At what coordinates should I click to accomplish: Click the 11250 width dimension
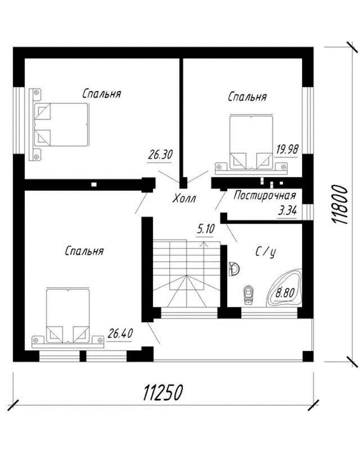pyautogui.click(x=163, y=392)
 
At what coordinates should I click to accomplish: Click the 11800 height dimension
pyautogui.click(x=340, y=205)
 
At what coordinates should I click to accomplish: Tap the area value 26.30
pyautogui.click(x=160, y=155)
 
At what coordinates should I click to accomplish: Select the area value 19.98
pyautogui.click(x=288, y=149)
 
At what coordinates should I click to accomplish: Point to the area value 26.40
pyautogui.click(x=120, y=333)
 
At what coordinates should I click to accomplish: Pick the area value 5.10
pyautogui.click(x=206, y=229)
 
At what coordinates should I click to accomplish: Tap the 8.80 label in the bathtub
pyautogui.click(x=285, y=293)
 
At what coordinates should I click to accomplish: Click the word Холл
pyautogui.click(x=184, y=198)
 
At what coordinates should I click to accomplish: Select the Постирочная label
pyautogui.click(x=265, y=196)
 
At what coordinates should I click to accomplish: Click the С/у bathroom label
pyautogui.click(x=266, y=252)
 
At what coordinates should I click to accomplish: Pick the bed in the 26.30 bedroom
pyautogui.click(x=59, y=124)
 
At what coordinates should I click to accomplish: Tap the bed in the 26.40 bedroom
pyautogui.click(x=68, y=317)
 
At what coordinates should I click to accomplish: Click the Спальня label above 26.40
pyautogui.click(x=84, y=251)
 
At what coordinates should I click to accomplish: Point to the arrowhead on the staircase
pyautogui.click(x=204, y=244)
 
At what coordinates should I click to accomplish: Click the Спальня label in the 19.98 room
pyautogui.click(x=247, y=97)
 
